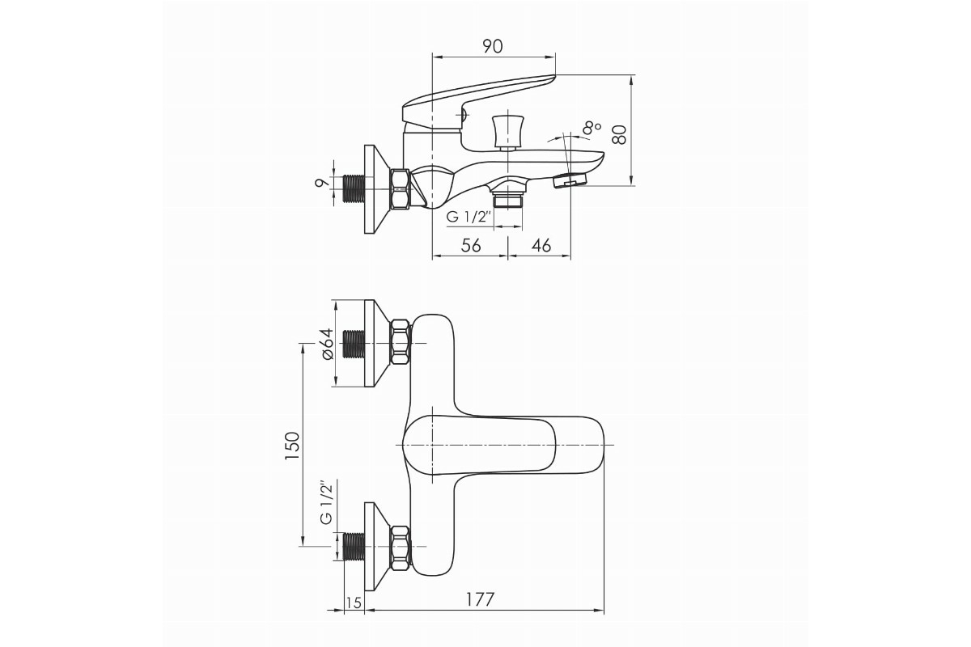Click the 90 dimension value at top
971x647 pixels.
pos(493,46)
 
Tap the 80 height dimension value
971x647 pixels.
pos(620,134)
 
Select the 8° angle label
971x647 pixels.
pos(592,128)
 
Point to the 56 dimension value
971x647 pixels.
pos(471,245)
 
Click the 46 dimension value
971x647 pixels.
pos(541,245)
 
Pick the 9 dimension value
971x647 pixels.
pos(320,183)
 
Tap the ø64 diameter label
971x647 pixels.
pos(327,344)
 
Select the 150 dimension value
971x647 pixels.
pos(293,446)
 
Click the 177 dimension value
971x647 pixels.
pos(480,599)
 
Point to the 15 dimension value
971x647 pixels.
pos(354,603)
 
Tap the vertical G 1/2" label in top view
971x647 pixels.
pos(326,502)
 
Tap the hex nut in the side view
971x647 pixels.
pos(400,189)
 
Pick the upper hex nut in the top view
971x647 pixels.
pos(400,342)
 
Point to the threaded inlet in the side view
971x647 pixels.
pos(354,189)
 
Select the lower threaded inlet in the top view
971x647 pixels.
pos(354,546)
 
